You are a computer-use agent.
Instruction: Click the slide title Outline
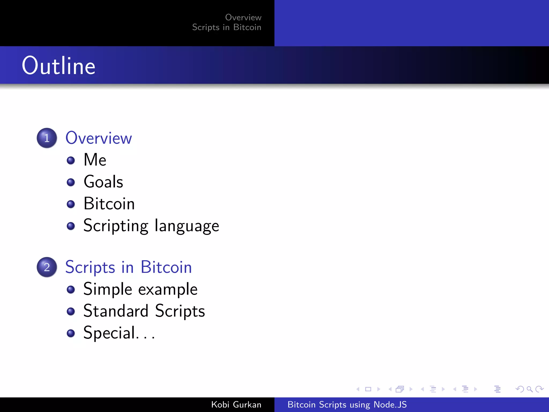pyautogui.click(x=58, y=66)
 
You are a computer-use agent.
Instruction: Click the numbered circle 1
pyautogui.click(x=47, y=138)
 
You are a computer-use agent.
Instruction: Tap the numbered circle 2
pyautogui.click(x=47, y=267)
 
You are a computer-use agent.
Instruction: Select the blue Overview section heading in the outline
pyautogui.click(x=99, y=138)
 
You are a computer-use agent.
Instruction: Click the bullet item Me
pyautogui.click(x=95, y=160)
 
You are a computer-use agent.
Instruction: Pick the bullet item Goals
pyautogui.click(x=103, y=182)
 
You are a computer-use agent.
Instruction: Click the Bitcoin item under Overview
pyautogui.click(x=109, y=204)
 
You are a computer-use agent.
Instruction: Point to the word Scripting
pyautogui.click(x=116, y=226)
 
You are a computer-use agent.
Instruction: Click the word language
pyautogui.click(x=187, y=226)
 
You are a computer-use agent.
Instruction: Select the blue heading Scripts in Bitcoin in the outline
pyautogui.click(x=128, y=267)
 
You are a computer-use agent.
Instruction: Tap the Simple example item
pyautogui.click(x=140, y=289)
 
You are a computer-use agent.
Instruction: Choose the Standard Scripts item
pyautogui.click(x=144, y=311)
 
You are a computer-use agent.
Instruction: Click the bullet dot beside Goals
pyautogui.click(x=71, y=182)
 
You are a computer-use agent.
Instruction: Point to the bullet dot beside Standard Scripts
pyautogui.click(x=71, y=311)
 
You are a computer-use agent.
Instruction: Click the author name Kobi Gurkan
pyautogui.click(x=236, y=404)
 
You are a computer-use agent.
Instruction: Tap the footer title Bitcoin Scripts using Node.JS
pyautogui.click(x=347, y=404)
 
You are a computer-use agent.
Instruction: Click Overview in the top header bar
pyautogui.click(x=243, y=17)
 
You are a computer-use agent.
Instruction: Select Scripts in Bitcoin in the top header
pyautogui.click(x=227, y=27)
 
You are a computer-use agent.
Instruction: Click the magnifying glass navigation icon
pyautogui.click(x=529, y=389)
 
